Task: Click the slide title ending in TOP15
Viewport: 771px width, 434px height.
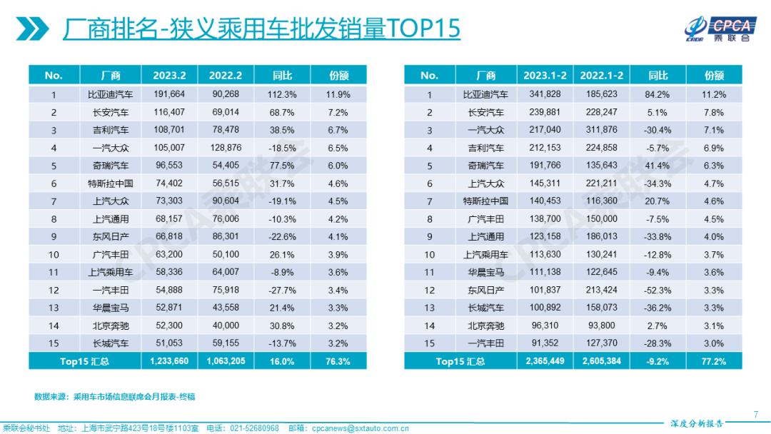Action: [261, 29]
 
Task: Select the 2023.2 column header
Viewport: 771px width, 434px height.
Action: [169, 75]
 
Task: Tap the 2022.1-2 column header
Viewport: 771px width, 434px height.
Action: [601, 75]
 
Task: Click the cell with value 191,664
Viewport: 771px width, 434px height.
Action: [169, 94]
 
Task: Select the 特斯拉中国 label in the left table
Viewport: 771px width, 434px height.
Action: [111, 183]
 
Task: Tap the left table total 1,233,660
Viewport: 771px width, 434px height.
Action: [169, 361]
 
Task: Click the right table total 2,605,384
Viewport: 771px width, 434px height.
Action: [601, 361]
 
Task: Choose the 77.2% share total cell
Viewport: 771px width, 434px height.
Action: [714, 361]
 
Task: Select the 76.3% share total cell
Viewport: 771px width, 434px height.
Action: [338, 361]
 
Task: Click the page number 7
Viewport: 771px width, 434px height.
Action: [756, 413]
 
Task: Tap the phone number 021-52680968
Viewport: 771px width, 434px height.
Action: [254, 428]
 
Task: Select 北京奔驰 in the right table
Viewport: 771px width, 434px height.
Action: [485, 325]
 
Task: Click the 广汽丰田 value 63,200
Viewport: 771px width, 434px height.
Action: [169, 254]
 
